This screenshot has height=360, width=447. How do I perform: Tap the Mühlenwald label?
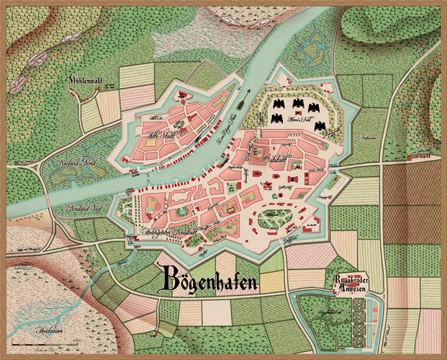click(87, 81)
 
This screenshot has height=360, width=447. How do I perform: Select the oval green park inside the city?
click(274, 220)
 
